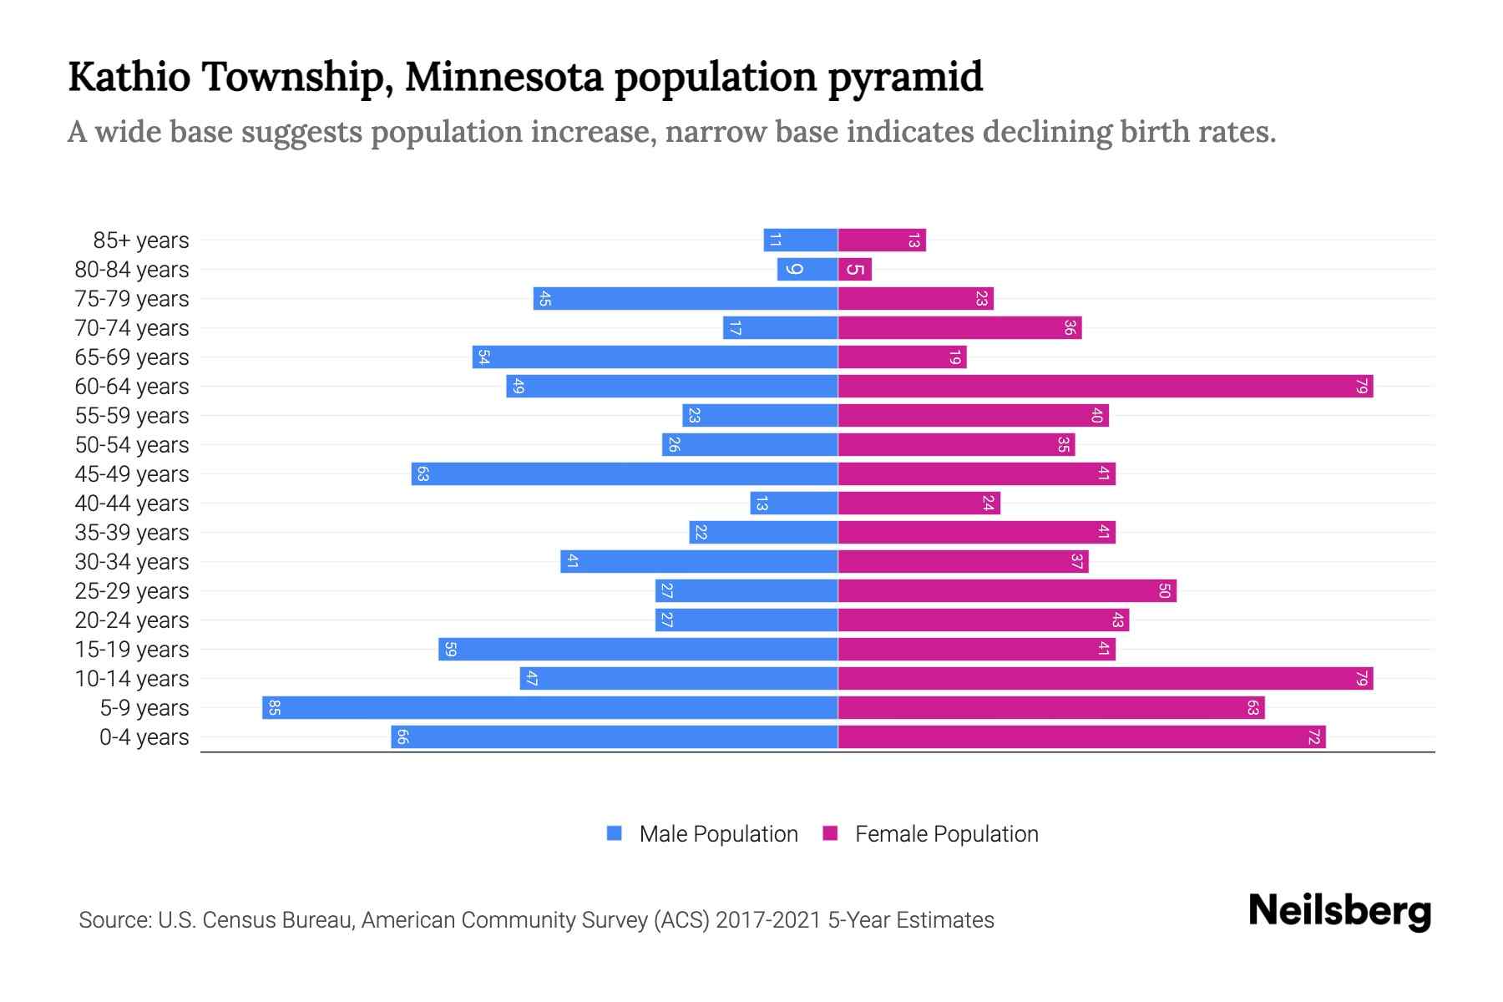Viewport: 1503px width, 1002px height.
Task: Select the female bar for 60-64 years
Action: coord(1105,387)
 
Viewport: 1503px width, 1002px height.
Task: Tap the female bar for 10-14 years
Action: coord(1105,679)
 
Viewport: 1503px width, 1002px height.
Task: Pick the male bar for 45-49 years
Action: coord(624,474)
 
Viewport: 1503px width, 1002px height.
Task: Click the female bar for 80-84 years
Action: coord(854,270)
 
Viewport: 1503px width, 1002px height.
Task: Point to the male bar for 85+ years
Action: coord(800,240)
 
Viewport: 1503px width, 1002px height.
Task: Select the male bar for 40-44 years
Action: coord(793,504)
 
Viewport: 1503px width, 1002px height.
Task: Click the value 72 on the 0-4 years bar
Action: coord(1313,737)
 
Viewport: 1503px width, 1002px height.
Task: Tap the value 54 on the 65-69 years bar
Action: coord(483,357)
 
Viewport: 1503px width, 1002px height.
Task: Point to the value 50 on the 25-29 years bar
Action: coord(1165,591)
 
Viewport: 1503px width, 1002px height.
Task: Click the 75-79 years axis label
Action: coord(132,299)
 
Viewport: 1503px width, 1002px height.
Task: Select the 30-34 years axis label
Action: coord(132,562)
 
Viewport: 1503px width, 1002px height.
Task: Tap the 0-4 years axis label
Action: coord(144,737)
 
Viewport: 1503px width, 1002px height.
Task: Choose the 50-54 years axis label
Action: coord(132,445)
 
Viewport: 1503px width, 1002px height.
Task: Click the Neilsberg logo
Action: coord(1339,911)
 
